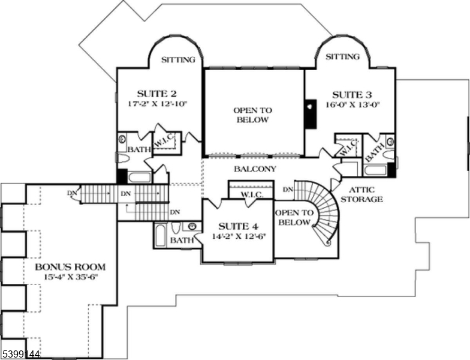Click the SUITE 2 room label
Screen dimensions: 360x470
[x=156, y=94]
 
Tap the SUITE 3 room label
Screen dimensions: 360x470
[x=352, y=94]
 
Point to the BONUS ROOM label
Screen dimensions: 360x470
[x=70, y=266]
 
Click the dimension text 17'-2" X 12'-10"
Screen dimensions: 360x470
[x=158, y=103]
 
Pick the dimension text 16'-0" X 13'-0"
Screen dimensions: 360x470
[x=352, y=104]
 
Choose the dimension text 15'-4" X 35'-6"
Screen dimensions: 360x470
[x=70, y=277]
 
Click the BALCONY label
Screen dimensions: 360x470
[x=255, y=169]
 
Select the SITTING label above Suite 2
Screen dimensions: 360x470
[x=179, y=59]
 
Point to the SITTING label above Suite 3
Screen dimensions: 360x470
[x=342, y=57]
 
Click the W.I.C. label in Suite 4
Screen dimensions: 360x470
[x=252, y=195]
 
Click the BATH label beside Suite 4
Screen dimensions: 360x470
[x=181, y=241]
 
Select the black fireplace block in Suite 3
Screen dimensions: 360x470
[x=310, y=113]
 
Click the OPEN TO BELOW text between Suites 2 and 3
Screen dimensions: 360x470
[x=252, y=115]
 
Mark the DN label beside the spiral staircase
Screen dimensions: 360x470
[x=287, y=190]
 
